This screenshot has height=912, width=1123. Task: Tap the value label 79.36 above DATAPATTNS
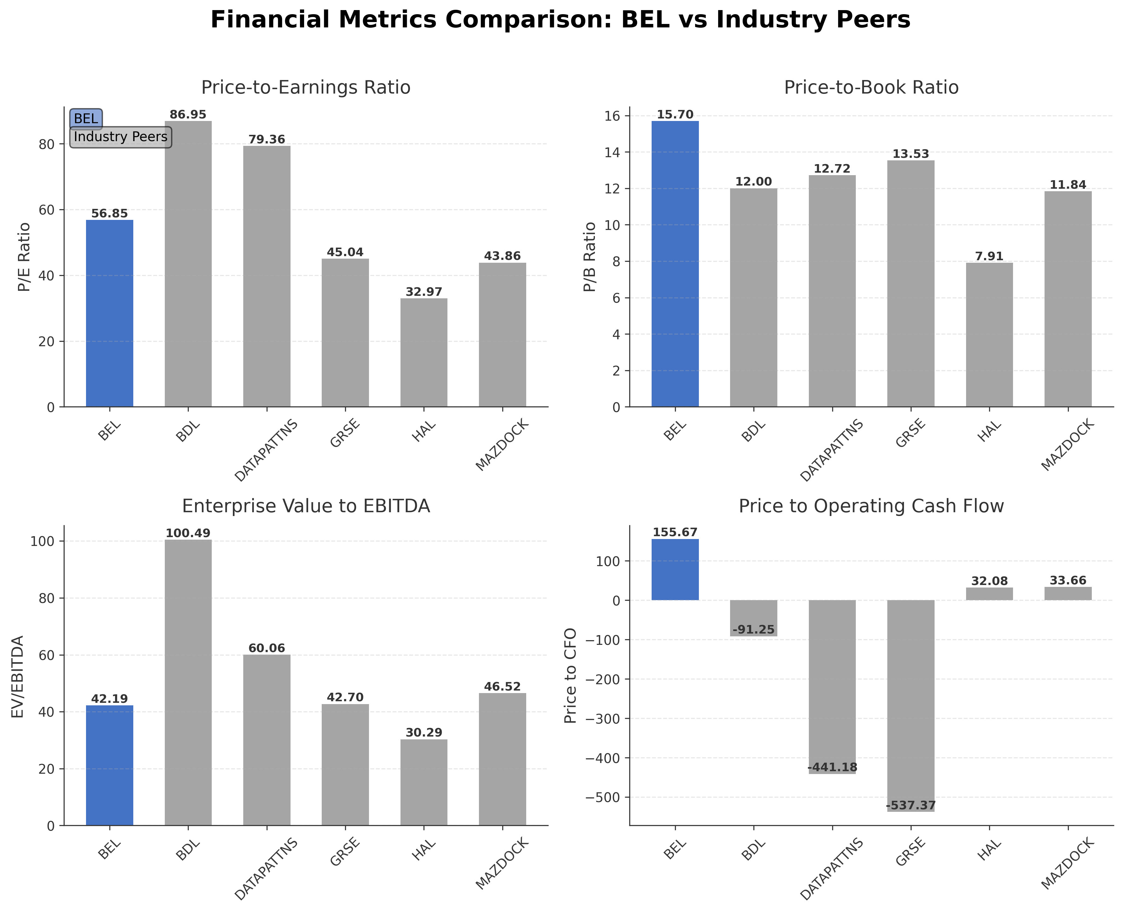pyautogui.click(x=267, y=140)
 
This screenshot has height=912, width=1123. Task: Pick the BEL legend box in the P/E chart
pyautogui.click(x=86, y=119)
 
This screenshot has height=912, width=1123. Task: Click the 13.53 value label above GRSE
pyautogui.click(x=911, y=154)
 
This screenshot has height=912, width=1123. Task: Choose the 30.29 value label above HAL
pyautogui.click(x=424, y=732)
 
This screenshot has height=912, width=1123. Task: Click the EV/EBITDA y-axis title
pyautogui.click(x=18, y=677)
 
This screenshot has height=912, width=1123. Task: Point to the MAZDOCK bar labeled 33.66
pyautogui.click(x=1068, y=594)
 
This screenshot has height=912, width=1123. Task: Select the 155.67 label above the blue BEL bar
pyautogui.click(x=675, y=532)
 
